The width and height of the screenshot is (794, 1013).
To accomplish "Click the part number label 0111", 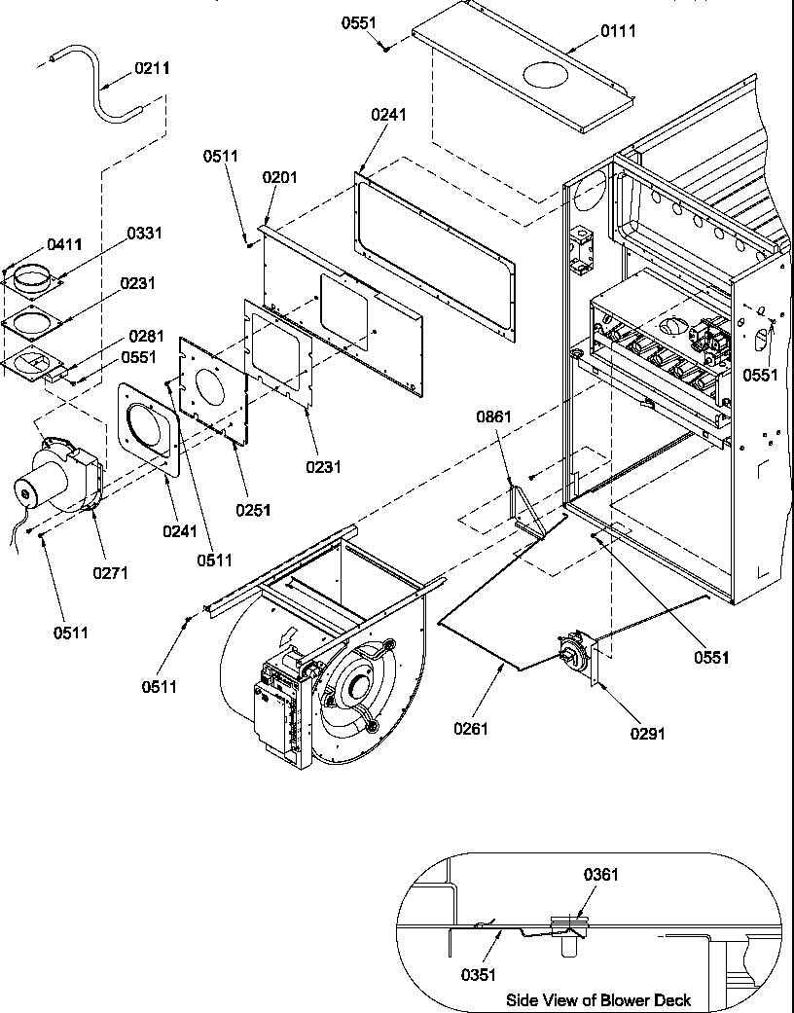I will [x=618, y=31].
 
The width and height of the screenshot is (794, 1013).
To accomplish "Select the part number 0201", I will [x=279, y=177].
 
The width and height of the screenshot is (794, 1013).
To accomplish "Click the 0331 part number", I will [x=144, y=234].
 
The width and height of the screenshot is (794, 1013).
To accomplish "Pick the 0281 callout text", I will [x=144, y=337].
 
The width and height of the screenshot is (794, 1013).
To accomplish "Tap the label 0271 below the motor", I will [x=111, y=573].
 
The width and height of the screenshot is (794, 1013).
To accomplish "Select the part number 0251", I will [x=253, y=510].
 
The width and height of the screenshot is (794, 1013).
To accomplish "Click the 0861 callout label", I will [x=493, y=416].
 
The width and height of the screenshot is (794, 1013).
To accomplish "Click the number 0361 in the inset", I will [x=599, y=875].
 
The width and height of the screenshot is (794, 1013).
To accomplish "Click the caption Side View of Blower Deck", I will [x=598, y=999].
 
